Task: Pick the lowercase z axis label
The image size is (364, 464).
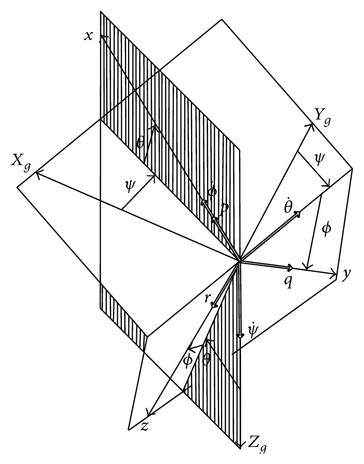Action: point(145,425)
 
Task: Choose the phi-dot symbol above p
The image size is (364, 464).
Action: point(211,191)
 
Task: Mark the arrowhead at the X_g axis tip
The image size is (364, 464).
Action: point(37,175)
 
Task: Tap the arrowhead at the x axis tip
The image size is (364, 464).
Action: point(102,36)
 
